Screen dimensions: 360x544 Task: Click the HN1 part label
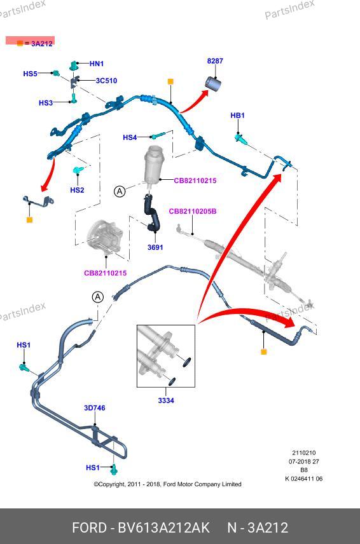[97, 64]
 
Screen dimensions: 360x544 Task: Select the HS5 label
[30, 74]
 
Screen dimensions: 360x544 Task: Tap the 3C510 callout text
[106, 81]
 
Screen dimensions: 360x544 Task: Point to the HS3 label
[46, 103]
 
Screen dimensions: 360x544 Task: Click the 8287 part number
[215, 61]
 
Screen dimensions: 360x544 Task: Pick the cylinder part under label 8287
[213, 84]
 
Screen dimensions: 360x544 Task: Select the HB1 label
[237, 115]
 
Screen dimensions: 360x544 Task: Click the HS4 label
[130, 137]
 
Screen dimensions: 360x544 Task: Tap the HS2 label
[77, 190]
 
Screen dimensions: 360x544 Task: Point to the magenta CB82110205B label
[193, 211]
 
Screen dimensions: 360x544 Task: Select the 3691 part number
[155, 247]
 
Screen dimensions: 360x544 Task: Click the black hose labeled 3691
[151, 214]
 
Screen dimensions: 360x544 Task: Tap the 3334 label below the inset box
[166, 400]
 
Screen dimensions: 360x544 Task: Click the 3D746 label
[94, 407]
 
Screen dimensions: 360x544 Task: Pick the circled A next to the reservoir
[120, 191]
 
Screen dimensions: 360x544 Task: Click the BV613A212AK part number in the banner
[164, 527]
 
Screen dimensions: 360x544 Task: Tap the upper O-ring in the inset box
[187, 362]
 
